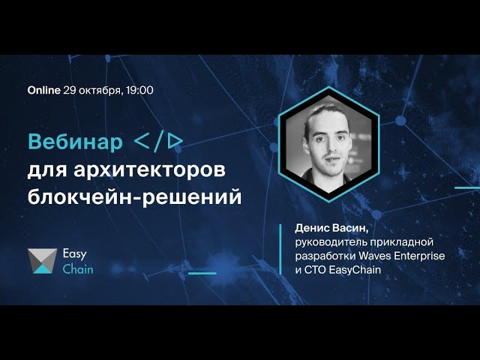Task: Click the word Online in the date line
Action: (x=43, y=90)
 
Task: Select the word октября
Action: (x=100, y=91)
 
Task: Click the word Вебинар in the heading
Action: (x=75, y=142)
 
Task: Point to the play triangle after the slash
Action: (x=176, y=142)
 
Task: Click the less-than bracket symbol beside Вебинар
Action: (x=142, y=142)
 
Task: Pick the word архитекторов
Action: (x=149, y=170)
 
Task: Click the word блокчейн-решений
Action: (x=135, y=196)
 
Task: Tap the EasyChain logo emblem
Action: (x=42, y=261)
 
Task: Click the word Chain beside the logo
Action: (x=78, y=269)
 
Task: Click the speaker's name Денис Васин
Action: (x=331, y=228)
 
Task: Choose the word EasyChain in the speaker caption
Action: (x=355, y=270)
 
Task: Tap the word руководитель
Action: (x=331, y=242)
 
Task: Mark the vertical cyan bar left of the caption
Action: (x=280, y=250)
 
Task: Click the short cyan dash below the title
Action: (x=202, y=273)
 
